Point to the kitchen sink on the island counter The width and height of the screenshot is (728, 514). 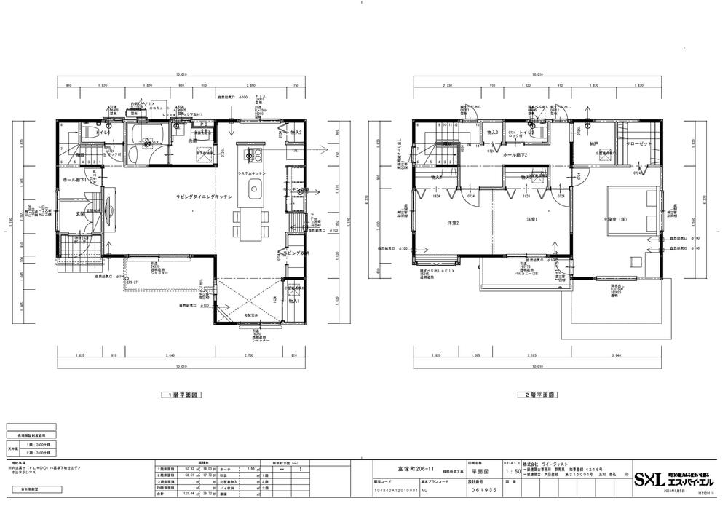coord(254,191)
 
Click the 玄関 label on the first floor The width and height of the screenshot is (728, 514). coord(82,213)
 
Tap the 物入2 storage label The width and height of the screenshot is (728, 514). coord(296,133)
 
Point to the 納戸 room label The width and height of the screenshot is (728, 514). coord(595,143)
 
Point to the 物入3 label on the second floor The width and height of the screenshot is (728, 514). coord(494,132)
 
